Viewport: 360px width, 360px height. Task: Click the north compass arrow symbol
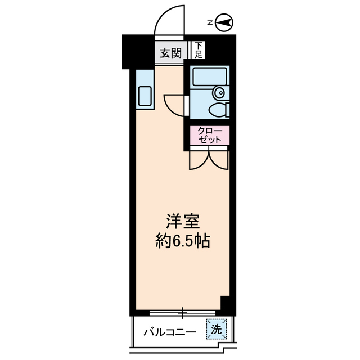pos(224,23)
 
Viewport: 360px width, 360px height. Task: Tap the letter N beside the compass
pos(209,23)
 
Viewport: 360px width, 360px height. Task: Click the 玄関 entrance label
pos(170,53)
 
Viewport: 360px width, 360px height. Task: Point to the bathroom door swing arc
pos(173,105)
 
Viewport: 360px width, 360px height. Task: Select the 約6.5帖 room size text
pos(182,242)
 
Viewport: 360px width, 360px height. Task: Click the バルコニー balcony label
pos(169,332)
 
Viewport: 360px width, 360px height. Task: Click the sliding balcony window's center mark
pos(182,310)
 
